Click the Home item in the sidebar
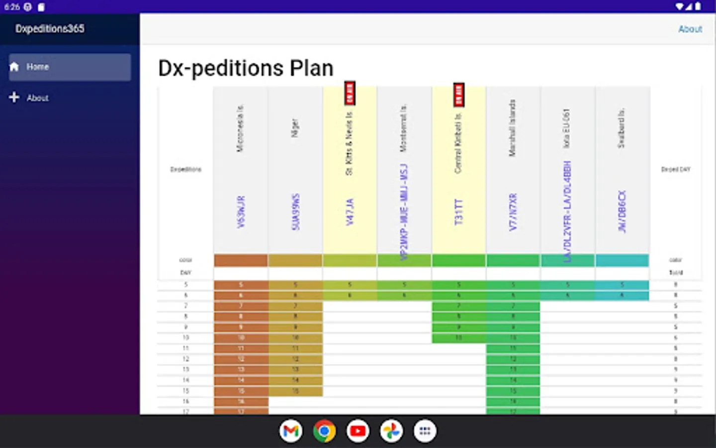(x=70, y=67)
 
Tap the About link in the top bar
(x=690, y=29)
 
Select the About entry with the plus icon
(x=37, y=98)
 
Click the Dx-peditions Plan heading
(x=246, y=68)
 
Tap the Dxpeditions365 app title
(x=50, y=29)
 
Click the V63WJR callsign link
(x=241, y=212)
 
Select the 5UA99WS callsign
(x=295, y=212)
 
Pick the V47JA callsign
(x=350, y=212)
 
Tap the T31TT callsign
(x=458, y=212)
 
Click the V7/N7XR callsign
(x=513, y=212)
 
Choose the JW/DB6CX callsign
(x=622, y=212)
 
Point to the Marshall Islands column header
(x=512, y=128)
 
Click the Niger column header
(x=295, y=128)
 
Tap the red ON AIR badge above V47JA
(x=350, y=93)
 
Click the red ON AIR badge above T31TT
(x=458, y=95)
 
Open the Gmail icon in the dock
(x=291, y=431)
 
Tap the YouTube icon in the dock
(x=358, y=431)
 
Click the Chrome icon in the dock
(x=324, y=431)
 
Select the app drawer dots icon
(x=425, y=431)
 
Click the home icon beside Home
(x=14, y=67)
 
